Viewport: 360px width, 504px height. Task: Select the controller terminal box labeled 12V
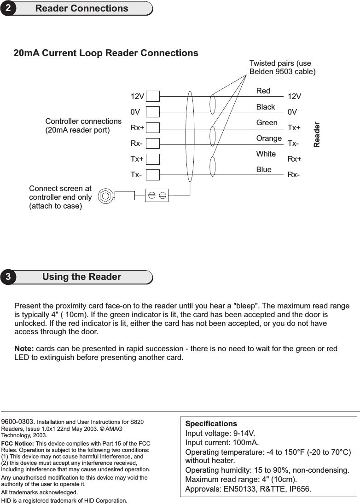click(x=153, y=96)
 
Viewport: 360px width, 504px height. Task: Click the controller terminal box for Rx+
click(x=153, y=127)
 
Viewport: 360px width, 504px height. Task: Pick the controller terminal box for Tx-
click(x=153, y=174)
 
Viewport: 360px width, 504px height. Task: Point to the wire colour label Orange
click(x=269, y=139)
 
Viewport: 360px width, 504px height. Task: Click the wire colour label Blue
click(x=264, y=170)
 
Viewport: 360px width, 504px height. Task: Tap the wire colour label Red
click(x=263, y=91)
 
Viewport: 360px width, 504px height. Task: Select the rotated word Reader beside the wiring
click(x=317, y=135)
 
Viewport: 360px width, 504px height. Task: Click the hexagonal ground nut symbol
click(x=105, y=196)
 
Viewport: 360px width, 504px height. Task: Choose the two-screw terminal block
click(x=157, y=195)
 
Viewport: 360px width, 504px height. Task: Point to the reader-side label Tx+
click(x=294, y=127)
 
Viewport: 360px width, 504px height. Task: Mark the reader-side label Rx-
click(x=294, y=175)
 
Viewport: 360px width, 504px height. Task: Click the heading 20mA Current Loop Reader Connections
click(x=106, y=53)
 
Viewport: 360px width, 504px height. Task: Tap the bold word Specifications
click(x=211, y=423)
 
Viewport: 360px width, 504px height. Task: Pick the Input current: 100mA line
click(x=221, y=443)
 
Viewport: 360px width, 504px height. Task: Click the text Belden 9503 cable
click(x=282, y=72)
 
